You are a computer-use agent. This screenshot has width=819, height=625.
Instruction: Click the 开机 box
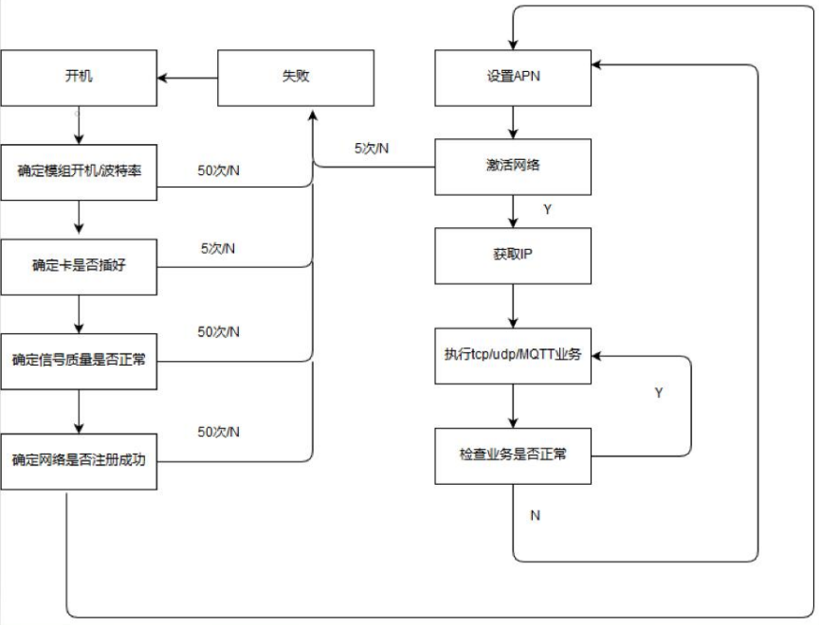[79, 78]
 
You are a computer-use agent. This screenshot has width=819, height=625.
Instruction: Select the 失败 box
[296, 78]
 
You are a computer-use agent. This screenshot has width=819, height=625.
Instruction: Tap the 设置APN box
[513, 78]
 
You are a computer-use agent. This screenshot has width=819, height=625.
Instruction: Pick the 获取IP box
[513, 256]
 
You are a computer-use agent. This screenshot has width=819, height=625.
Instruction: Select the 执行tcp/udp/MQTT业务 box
[513, 356]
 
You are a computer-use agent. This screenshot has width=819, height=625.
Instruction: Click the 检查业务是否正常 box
[513, 456]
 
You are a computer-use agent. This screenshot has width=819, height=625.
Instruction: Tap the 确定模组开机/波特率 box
[79, 171]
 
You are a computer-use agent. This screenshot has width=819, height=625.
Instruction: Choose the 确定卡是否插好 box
[79, 266]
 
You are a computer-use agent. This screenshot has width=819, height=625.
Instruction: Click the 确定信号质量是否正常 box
[79, 361]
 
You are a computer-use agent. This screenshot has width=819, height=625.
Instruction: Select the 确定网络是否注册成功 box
[79, 460]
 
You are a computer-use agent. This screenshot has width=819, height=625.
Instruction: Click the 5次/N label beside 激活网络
[372, 149]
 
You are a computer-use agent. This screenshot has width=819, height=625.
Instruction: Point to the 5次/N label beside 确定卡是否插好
[218, 249]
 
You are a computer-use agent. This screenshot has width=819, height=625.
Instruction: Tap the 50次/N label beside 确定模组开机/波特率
[218, 171]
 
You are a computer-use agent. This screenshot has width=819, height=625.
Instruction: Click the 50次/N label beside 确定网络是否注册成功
[218, 432]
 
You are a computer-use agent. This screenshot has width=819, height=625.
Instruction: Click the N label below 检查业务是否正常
[535, 515]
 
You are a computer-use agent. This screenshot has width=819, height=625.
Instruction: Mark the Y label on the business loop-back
[660, 392]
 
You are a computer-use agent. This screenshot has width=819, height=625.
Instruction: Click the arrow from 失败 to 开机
[188, 78]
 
